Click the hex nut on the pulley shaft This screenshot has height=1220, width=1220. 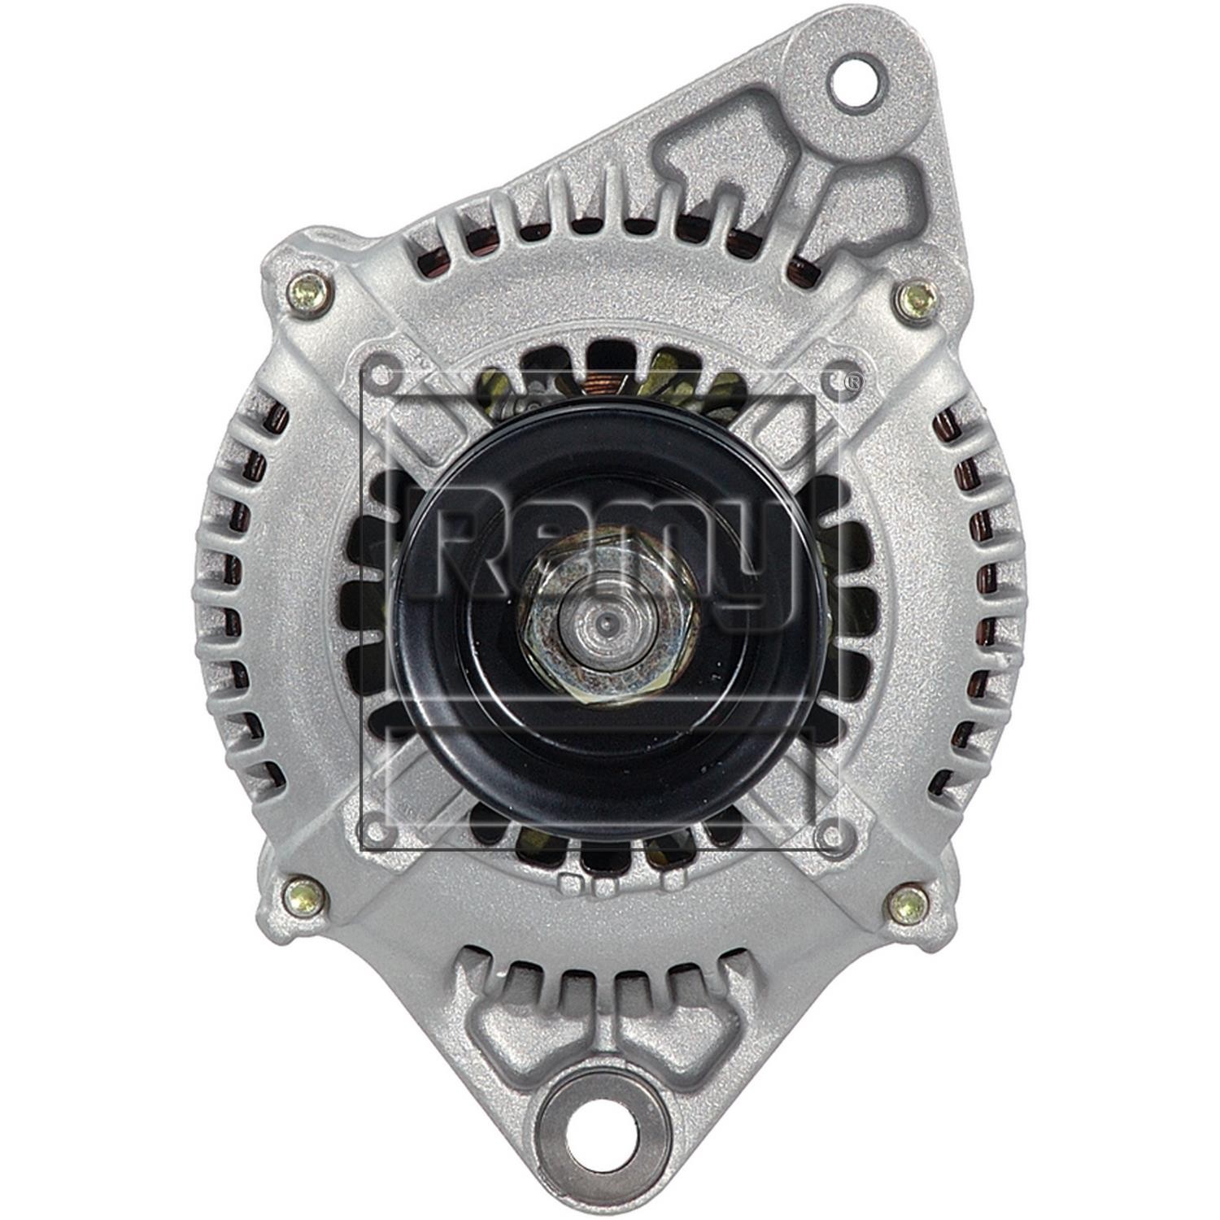pos(608,623)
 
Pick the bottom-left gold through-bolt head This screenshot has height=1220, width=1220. pos(305,898)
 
